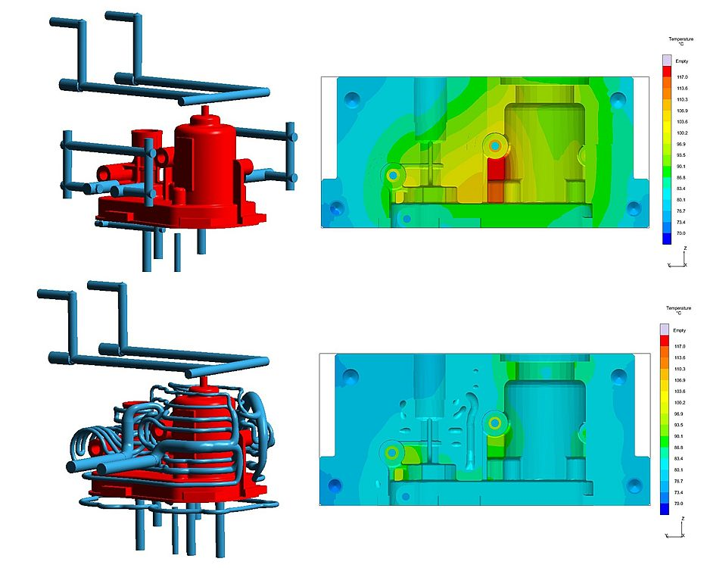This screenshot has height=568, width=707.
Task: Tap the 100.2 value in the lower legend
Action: click(679, 402)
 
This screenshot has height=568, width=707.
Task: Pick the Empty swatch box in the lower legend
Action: click(665, 329)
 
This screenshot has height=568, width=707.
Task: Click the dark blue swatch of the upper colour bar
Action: click(666, 239)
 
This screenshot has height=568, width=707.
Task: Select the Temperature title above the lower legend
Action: click(677, 308)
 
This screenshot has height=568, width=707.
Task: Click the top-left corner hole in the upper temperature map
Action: click(352, 98)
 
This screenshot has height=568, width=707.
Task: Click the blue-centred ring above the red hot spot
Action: click(494, 144)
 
